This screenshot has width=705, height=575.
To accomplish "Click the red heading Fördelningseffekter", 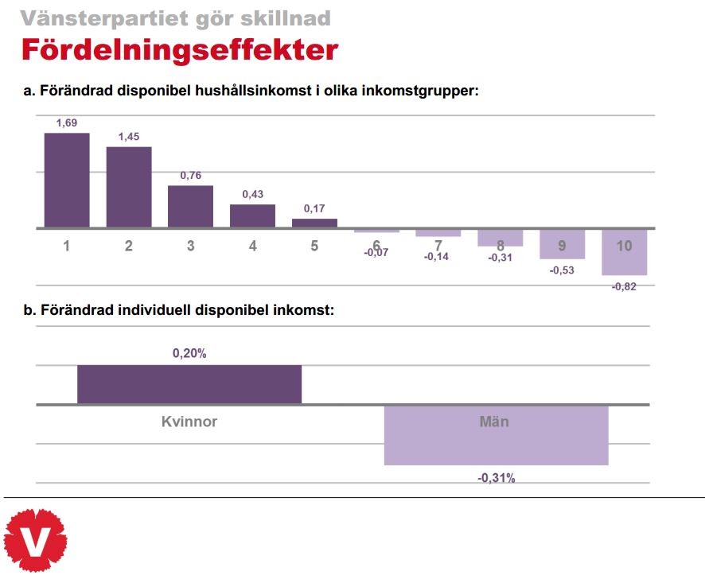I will point(179,49).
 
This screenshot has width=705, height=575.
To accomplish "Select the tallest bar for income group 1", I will point(67,181).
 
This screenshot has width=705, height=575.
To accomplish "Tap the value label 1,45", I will point(129,137).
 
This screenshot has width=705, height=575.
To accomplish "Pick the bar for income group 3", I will point(190,207).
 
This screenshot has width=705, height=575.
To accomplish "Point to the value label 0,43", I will point(253,194).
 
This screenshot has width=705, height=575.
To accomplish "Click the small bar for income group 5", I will point(314,223).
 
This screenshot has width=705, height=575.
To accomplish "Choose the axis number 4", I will point(253,247).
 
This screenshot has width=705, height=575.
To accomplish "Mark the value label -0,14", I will point(436,256).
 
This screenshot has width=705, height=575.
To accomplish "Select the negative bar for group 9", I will point(562,244).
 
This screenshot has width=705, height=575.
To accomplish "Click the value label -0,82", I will point(624,286).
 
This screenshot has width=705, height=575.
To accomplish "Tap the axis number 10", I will point(624,246).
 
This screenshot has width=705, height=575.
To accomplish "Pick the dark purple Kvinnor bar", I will point(189,384).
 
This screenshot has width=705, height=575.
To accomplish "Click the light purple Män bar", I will point(496,435).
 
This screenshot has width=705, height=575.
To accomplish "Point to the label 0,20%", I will point(189,354).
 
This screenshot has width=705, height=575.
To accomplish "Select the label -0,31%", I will point(496,478).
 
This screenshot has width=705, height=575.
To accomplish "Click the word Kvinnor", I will point(189,422).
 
